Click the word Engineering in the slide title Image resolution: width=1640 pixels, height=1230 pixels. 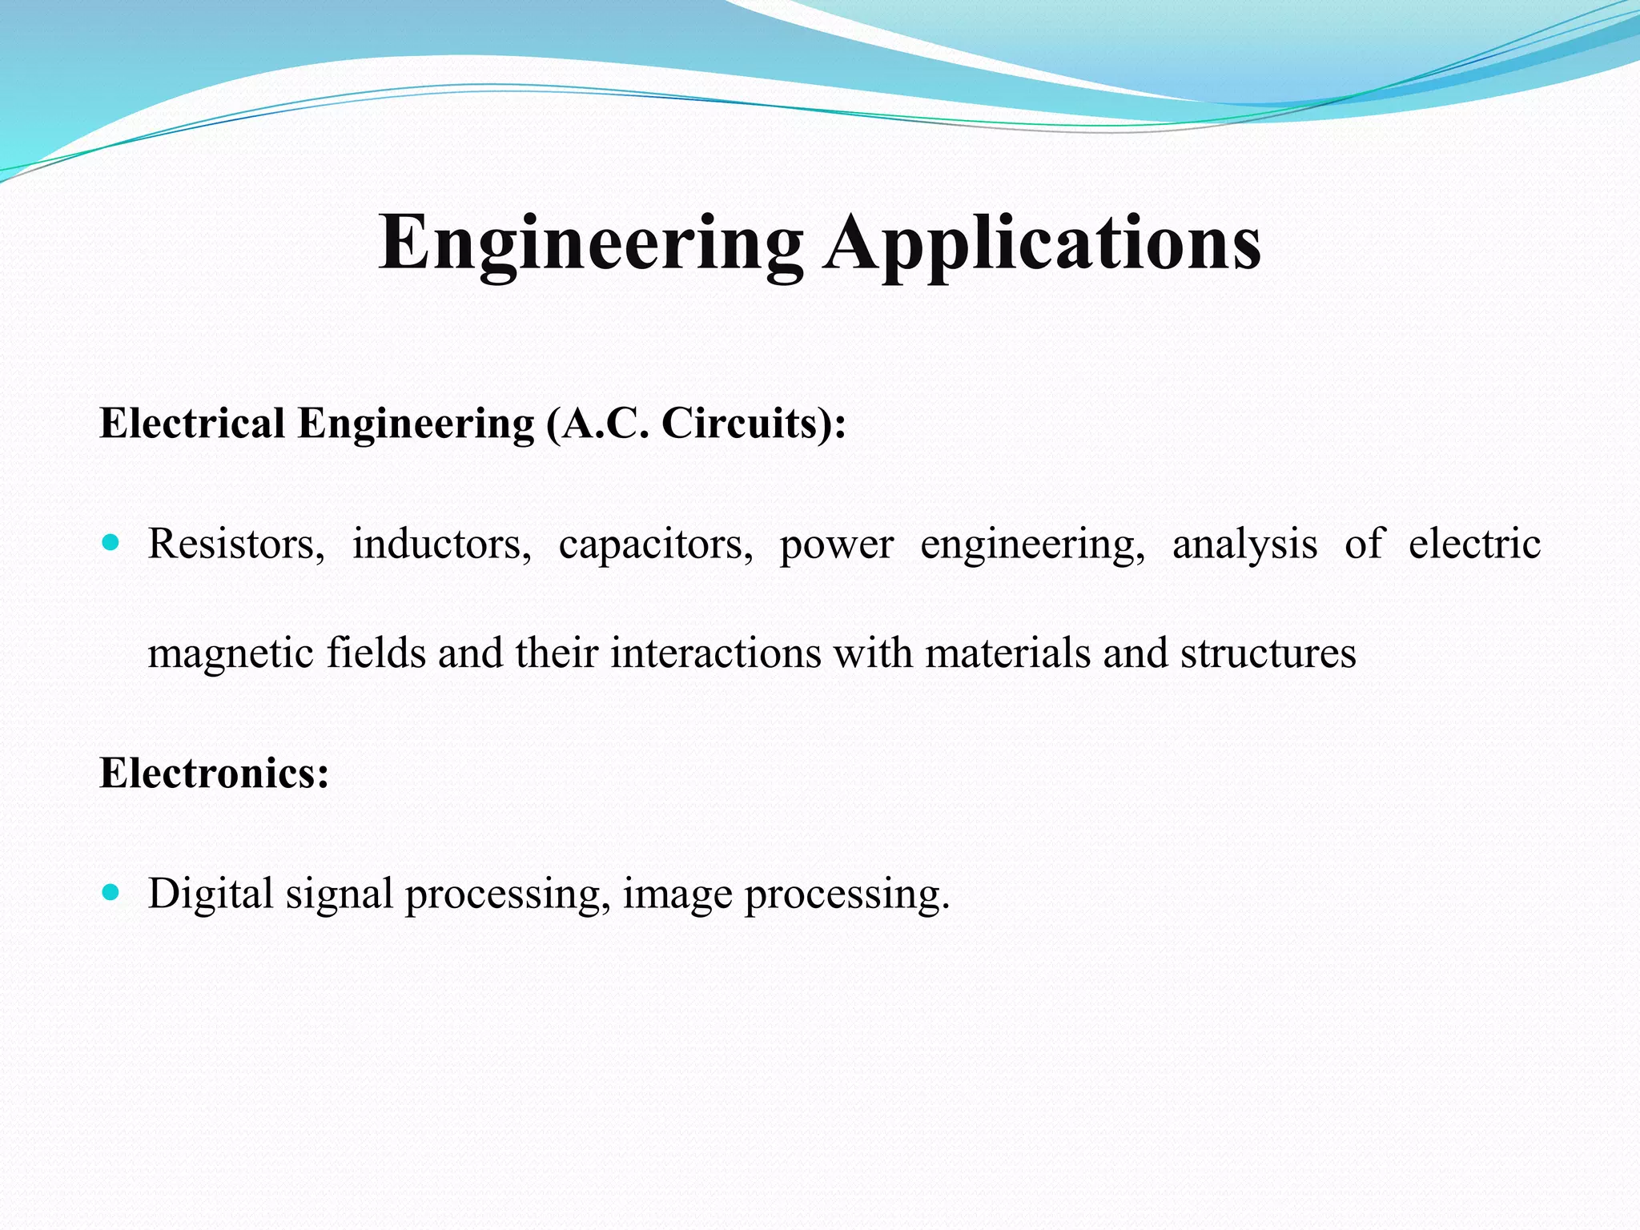tap(590, 243)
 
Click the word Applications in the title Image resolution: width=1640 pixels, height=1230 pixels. tap(1043, 243)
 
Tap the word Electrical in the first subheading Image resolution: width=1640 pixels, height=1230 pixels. tap(192, 423)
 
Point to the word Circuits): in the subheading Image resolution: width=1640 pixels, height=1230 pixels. tap(754, 423)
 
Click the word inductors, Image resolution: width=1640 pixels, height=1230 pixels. tap(442, 545)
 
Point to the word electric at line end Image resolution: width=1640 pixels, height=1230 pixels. tap(1474, 545)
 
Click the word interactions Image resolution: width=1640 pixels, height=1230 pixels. tap(716, 653)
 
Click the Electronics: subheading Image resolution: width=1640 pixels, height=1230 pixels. tap(214, 774)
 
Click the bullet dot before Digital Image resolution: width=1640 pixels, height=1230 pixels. tap(111, 892)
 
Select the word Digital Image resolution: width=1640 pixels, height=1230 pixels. tap(211, 895)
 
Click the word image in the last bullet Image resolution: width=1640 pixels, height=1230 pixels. tap(677, 895)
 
